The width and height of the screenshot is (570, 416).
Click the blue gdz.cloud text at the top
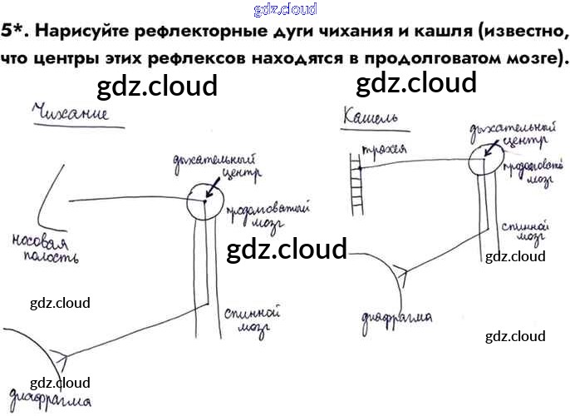click(x=284, y=10)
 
